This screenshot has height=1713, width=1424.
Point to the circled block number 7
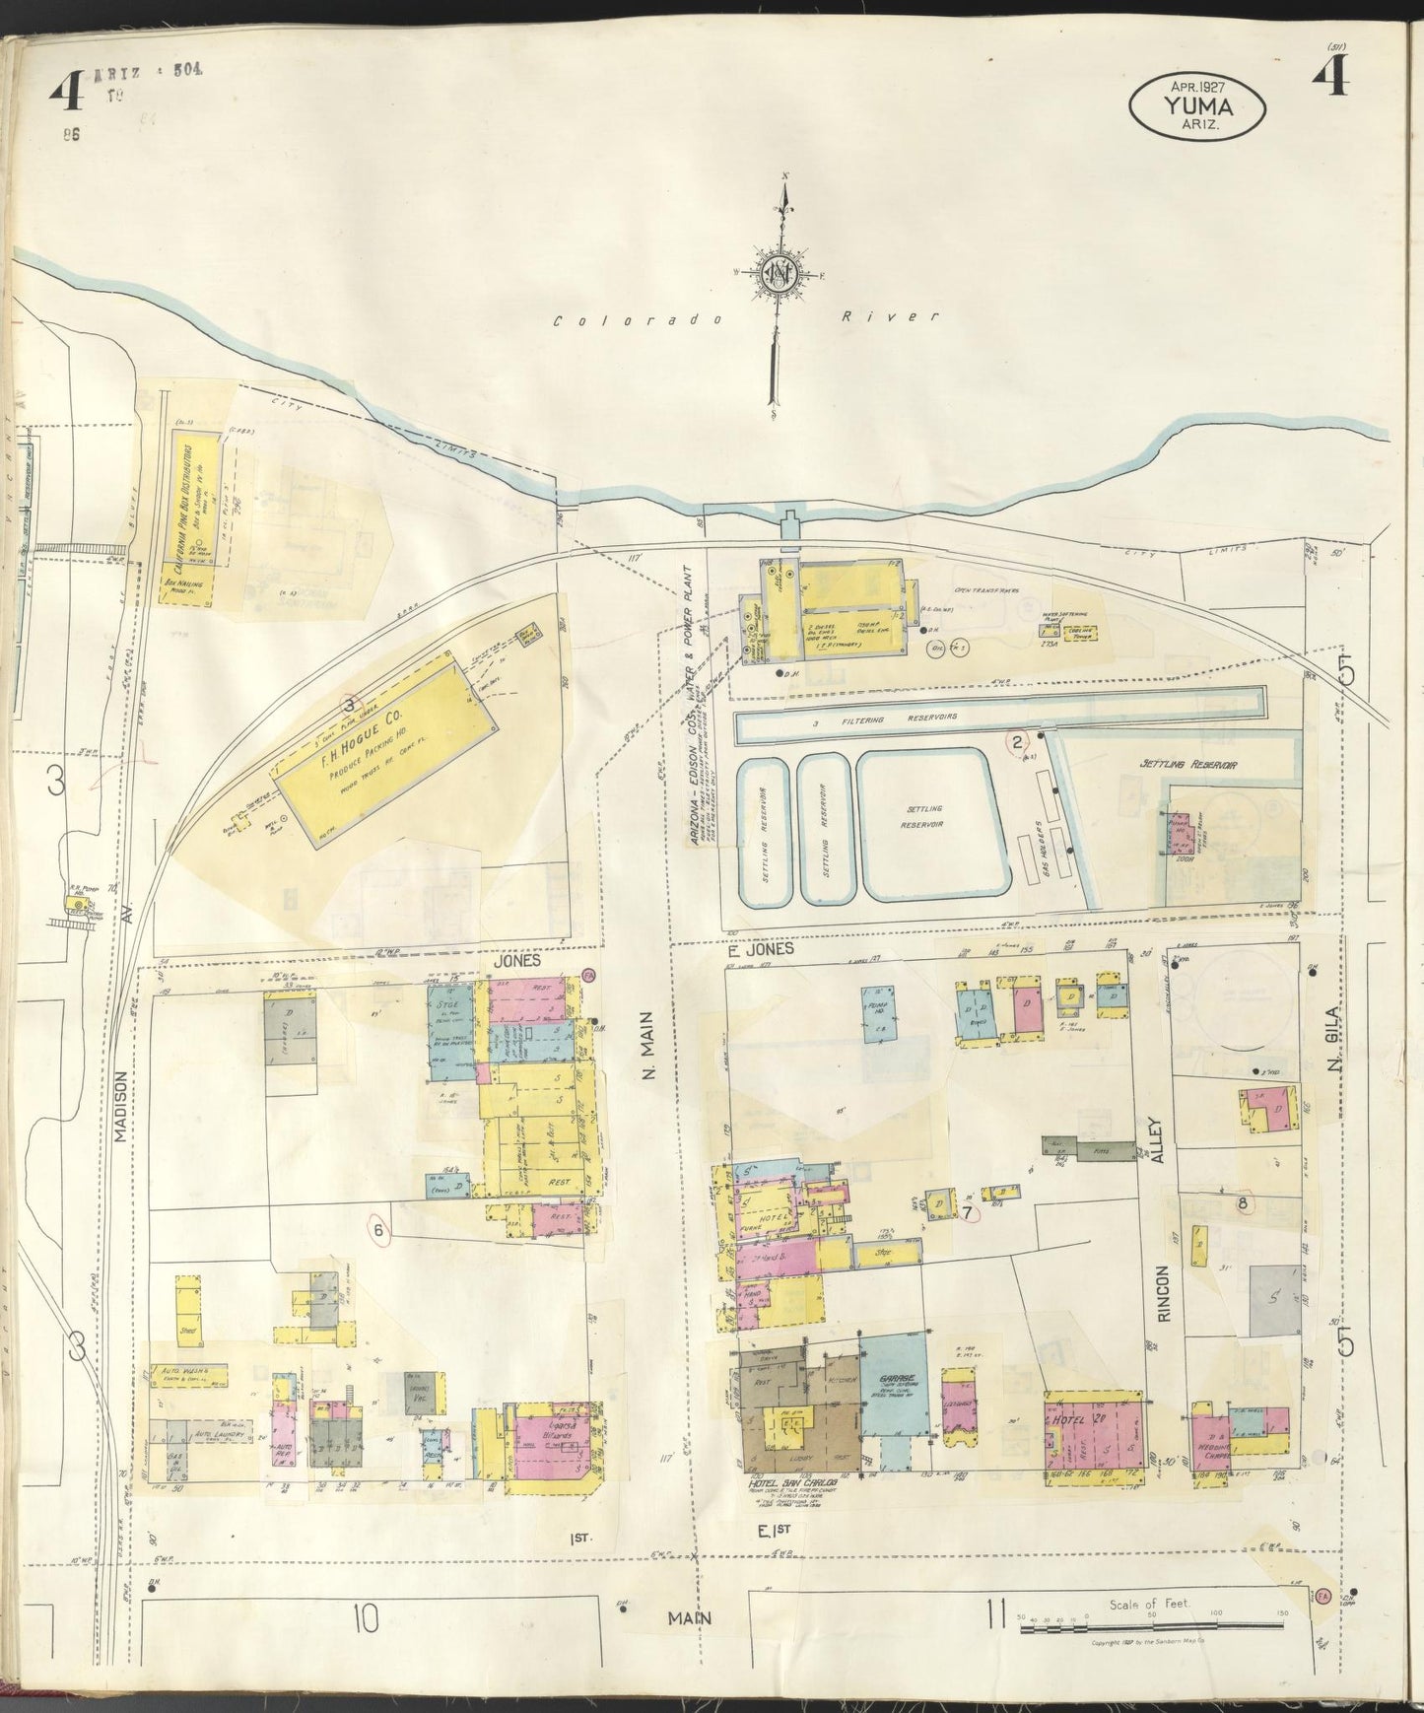[969, 1213]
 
